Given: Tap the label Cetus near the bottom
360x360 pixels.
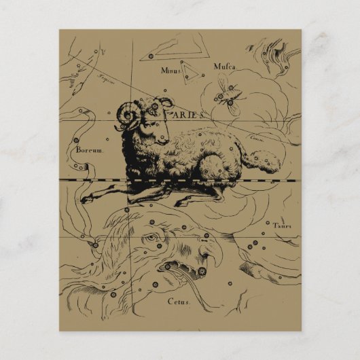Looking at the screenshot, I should pyautogui.click(x=179, y=302).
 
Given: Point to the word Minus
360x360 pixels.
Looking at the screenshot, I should pyautogui.click(x=172, y=69).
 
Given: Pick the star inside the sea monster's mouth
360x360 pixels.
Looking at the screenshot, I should pyautogui.click(x=202, y=272).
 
